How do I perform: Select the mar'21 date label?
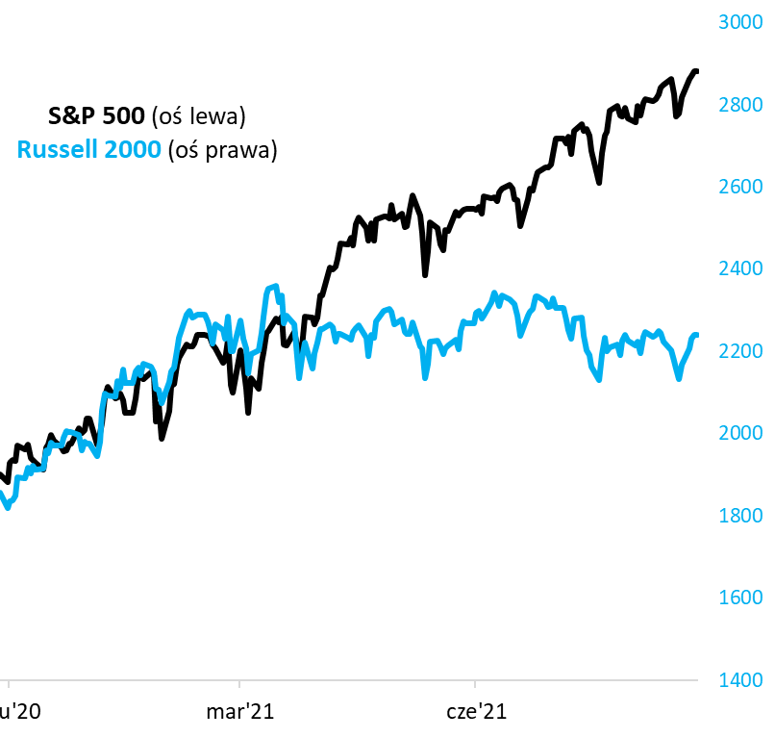239,713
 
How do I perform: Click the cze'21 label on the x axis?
476,713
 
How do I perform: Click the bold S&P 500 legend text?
96,116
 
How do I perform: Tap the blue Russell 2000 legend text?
88,149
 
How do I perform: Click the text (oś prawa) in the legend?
221,149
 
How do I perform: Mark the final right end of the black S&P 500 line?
697,71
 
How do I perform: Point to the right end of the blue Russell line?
697,335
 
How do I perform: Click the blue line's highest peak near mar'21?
275,285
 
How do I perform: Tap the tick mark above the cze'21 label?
476,685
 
